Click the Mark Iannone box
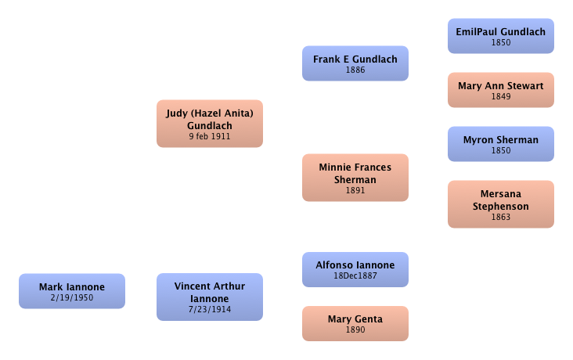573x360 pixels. click(71, 290)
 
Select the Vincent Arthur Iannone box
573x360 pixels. click(209, 297)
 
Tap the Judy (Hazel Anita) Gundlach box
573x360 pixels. click(209, 123)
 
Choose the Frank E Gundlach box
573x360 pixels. click(355, 63)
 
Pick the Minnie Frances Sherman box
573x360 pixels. click(355, 177)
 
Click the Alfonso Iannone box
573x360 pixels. click(355, 269)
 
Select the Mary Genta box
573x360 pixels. click(355, 323)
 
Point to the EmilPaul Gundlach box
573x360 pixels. click(500, 35)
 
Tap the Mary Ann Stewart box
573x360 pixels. click(500, 89)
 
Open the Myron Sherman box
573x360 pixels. click(500, 143)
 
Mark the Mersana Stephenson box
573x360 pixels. click(500, 203)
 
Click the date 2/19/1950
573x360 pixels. click(71, 298)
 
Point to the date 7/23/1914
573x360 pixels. click(209, 310)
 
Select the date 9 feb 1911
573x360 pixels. click(209, 136)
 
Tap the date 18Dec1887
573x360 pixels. click(355, 276)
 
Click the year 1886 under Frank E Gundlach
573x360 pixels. click(355, 70)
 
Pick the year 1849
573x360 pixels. click(500, 97)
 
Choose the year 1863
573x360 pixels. click(500, 217)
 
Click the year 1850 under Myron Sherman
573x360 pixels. click(500, 151)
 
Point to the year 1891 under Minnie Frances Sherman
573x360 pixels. click(355, 190)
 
